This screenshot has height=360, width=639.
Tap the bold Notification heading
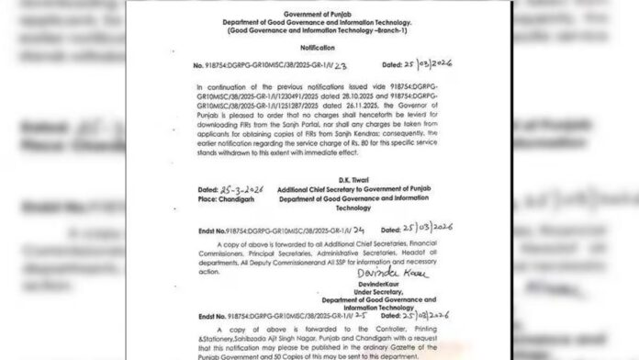[319, 44]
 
